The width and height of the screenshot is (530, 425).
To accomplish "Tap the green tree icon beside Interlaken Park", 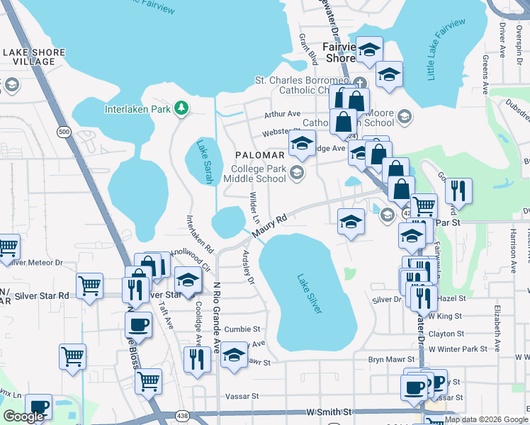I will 182,108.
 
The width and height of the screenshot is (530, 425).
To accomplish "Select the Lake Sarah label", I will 205,160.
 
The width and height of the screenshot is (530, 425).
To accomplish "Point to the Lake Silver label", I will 310,293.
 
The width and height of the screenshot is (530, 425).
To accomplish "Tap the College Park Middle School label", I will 255,174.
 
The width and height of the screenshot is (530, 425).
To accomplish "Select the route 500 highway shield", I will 64,132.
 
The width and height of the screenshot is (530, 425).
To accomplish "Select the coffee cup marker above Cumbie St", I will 138,324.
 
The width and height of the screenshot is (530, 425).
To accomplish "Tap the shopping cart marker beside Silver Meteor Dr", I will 7,247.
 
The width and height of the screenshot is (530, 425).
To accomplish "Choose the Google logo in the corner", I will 23,416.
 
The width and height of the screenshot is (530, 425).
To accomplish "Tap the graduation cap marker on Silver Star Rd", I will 188,280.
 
